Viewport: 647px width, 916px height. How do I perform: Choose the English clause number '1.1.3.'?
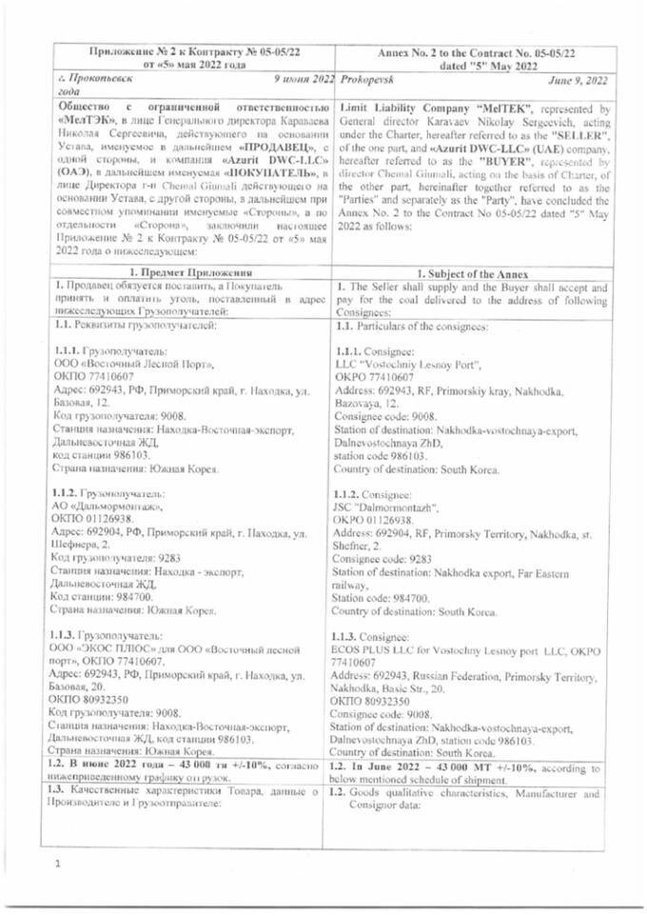pyautogui.click(x=349, y=636)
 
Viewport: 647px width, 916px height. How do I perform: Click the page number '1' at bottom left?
pyautogui.click(x=57, y=863)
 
